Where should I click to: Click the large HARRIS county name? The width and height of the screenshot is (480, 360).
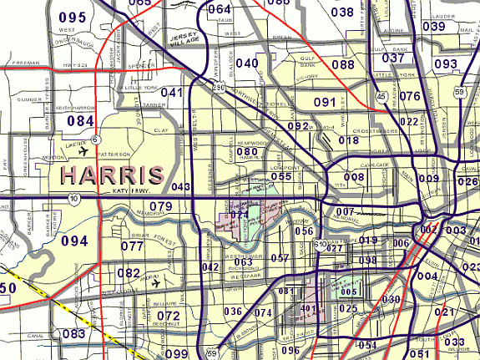[112, 175]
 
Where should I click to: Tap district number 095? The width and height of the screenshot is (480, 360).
[73, 18]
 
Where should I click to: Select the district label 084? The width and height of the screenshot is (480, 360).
[81, 122]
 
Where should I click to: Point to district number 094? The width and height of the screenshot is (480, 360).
[74, 241]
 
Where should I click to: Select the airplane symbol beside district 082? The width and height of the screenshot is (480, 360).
[157, 281]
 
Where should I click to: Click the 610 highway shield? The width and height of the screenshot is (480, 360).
[321, 244]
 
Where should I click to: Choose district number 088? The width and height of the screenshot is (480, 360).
[342, 64]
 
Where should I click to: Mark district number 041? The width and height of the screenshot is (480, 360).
[170, 93]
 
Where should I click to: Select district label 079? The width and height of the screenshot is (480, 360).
[160, 206]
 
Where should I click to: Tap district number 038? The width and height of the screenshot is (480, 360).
[342, 12]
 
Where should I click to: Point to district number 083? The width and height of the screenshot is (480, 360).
[74, 334]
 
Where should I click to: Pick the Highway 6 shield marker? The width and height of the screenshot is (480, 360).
[96, 139]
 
